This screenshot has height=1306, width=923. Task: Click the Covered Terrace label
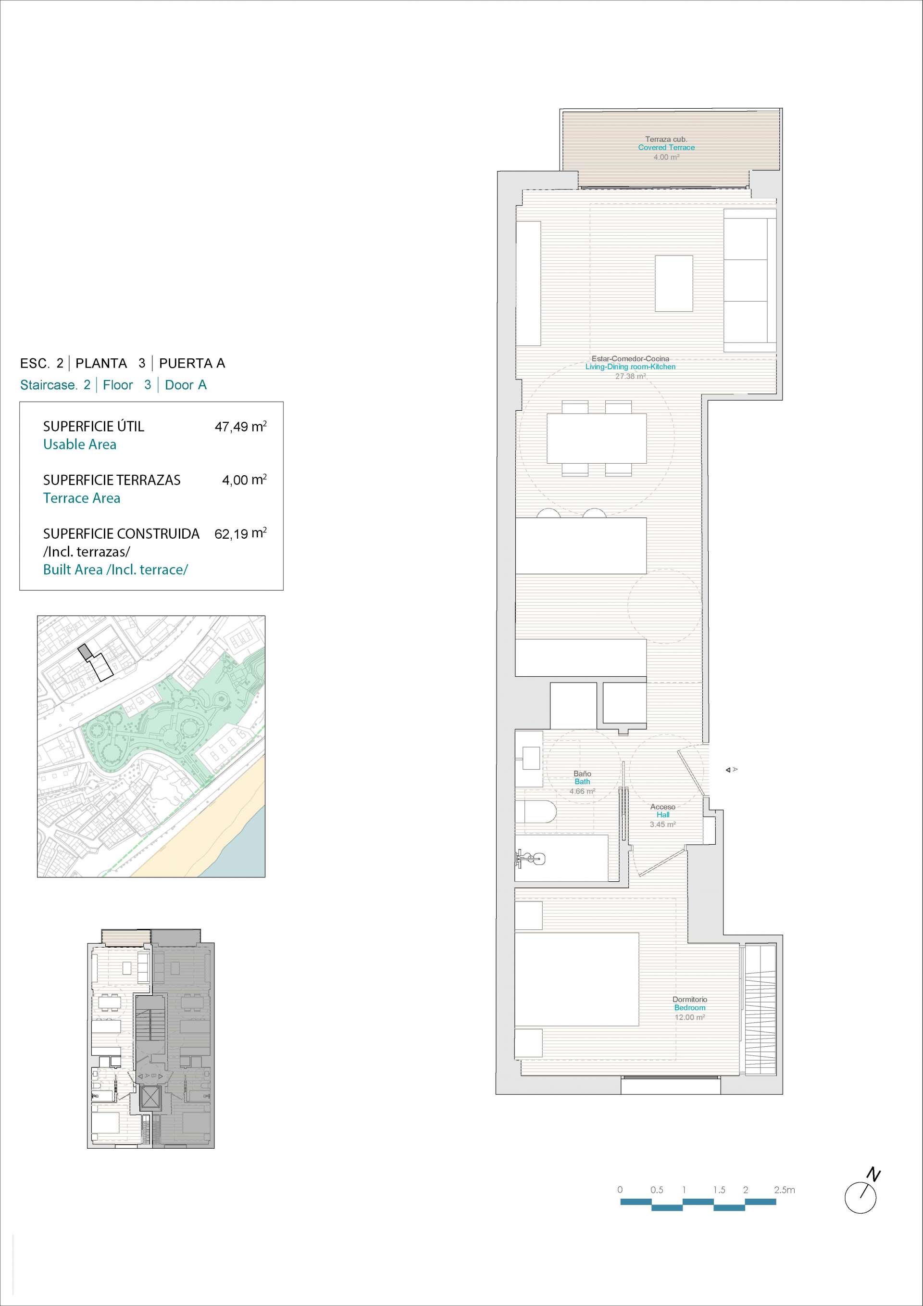666,147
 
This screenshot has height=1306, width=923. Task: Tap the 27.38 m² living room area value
630,376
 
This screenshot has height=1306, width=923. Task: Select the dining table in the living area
596,438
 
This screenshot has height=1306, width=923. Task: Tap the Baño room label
582,773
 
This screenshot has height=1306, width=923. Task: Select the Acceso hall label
663,807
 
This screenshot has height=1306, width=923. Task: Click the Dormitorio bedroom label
689,1000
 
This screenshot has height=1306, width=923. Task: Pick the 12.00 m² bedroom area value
689,1017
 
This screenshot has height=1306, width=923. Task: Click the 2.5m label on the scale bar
785,1190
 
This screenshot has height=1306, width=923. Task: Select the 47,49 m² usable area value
240,426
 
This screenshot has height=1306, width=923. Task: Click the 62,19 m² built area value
240,533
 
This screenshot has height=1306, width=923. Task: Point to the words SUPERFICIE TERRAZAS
112,480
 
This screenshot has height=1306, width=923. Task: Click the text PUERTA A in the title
192,363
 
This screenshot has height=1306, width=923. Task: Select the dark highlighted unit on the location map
84,652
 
